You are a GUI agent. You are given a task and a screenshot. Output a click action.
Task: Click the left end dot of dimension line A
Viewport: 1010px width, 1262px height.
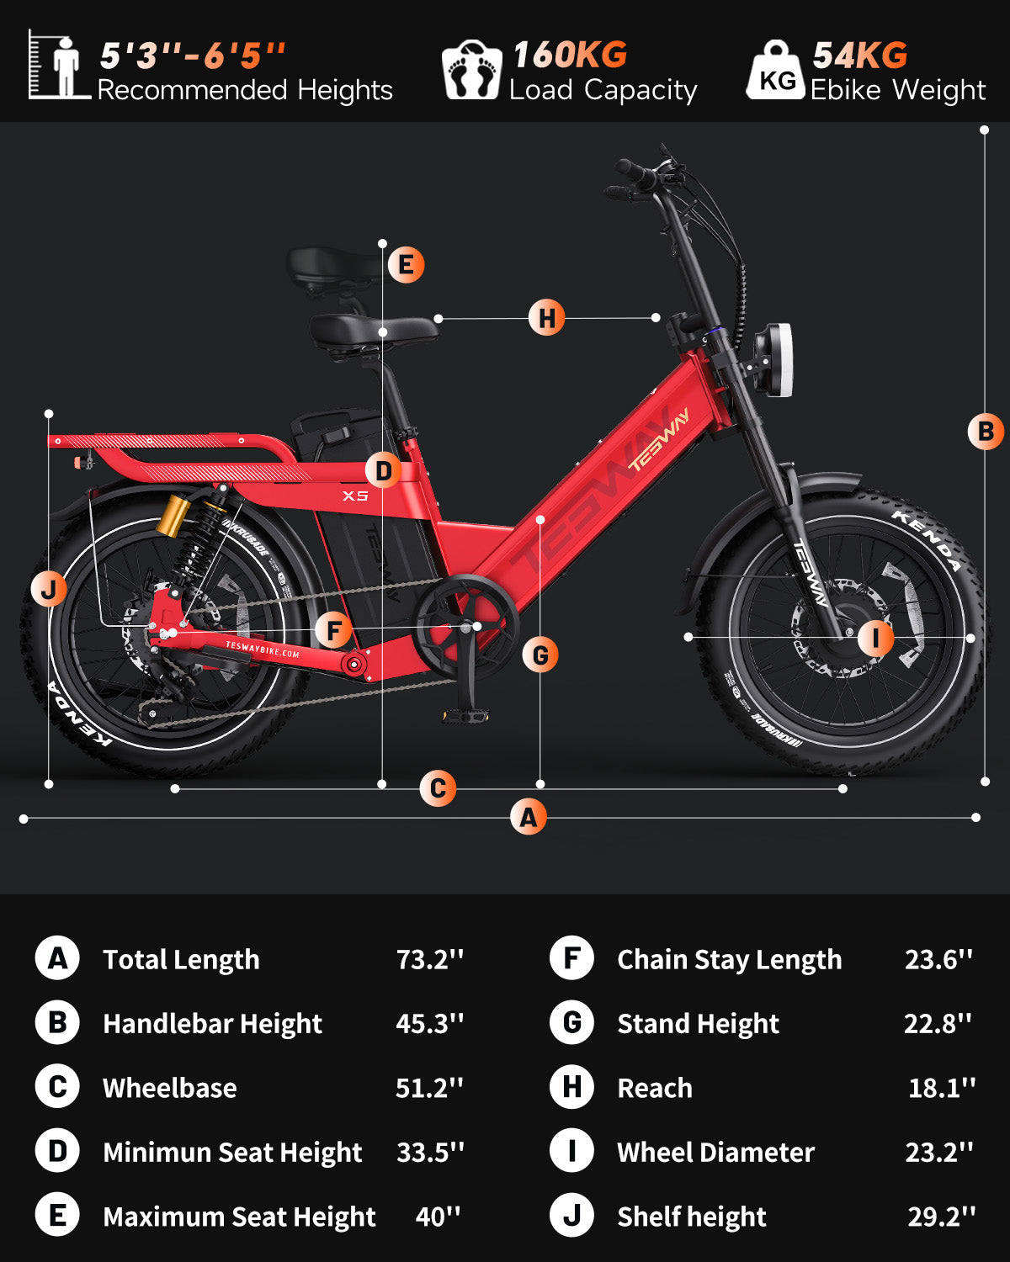point(24,819)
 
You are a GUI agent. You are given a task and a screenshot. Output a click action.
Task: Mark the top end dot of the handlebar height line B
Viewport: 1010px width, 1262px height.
point(984,130)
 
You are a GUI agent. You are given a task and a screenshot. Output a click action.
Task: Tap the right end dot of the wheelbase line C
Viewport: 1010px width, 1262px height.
point(843,789)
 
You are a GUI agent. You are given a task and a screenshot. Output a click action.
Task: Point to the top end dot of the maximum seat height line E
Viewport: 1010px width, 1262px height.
point(382,243)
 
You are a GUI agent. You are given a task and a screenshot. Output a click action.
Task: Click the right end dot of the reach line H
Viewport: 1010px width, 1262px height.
point(656,317)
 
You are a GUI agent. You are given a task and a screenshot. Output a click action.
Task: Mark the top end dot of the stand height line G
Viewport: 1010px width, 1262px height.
point(540,520)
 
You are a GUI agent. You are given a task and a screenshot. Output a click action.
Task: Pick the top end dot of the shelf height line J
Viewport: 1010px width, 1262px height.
point(49,414)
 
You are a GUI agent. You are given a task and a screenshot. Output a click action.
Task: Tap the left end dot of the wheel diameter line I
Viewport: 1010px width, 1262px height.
point(688,636)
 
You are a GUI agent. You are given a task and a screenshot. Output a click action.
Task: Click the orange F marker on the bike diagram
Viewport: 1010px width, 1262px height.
point(333,630)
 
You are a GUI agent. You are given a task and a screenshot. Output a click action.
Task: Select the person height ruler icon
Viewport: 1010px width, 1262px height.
point(59,65)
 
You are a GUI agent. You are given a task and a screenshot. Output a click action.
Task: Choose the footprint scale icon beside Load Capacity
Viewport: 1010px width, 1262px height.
point(472,70)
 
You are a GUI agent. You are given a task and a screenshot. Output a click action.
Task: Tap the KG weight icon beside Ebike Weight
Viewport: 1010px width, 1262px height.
point(776,70)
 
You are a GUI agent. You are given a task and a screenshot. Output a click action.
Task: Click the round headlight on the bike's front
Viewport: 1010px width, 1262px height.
point(773,360)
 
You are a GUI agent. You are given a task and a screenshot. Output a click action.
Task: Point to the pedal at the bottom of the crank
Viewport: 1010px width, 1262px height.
point(466,715)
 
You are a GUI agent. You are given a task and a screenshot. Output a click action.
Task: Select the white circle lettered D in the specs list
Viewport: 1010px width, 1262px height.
point(57,1151)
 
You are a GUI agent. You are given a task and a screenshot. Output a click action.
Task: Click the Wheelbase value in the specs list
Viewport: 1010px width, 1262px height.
point(429,1088)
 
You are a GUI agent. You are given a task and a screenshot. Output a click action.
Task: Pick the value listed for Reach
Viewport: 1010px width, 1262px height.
point(941,1088)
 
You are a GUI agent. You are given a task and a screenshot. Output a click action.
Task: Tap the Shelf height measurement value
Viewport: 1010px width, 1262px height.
point(941,1217)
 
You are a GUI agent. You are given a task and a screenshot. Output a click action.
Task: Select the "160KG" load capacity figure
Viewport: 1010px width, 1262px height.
point(570,55)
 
